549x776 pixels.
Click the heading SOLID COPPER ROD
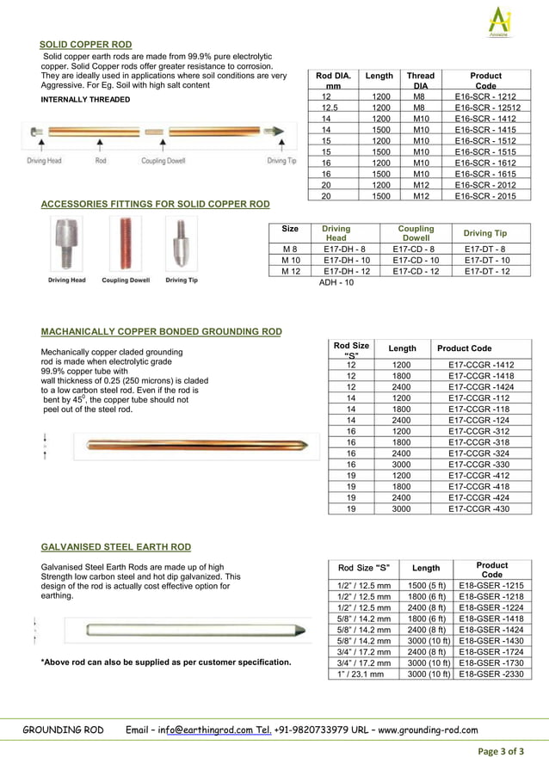[86, 45]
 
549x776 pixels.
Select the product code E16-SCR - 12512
[485, 108]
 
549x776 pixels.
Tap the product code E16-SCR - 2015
[485, 196]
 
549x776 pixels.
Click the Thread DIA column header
[421, 81]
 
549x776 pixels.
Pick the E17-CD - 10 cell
[416, 260]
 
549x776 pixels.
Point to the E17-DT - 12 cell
[487, 271]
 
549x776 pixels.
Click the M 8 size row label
[290, 249]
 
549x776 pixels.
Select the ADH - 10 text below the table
[336, 282]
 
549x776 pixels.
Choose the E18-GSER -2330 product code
[491, 674]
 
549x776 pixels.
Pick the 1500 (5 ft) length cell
[427, 585]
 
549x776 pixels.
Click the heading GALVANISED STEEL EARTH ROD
[116, 547]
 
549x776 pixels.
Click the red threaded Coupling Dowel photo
[126, 244]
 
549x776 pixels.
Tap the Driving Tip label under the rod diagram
[281, 161]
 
